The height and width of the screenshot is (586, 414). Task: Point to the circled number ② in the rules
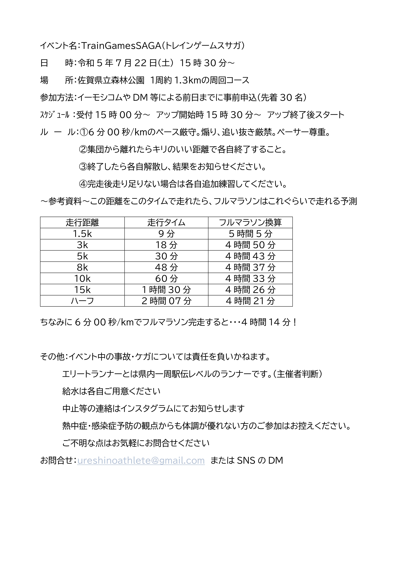tap(83, 150)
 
